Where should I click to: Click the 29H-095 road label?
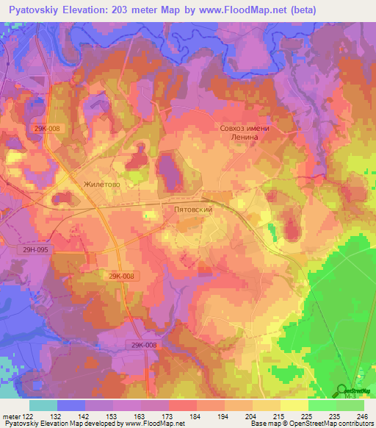(35, 250)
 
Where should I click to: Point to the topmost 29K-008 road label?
(46, 127)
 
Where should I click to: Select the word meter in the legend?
(10, 415)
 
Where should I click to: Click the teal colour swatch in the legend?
(43, 405)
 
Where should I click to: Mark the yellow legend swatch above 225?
(294, 405)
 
